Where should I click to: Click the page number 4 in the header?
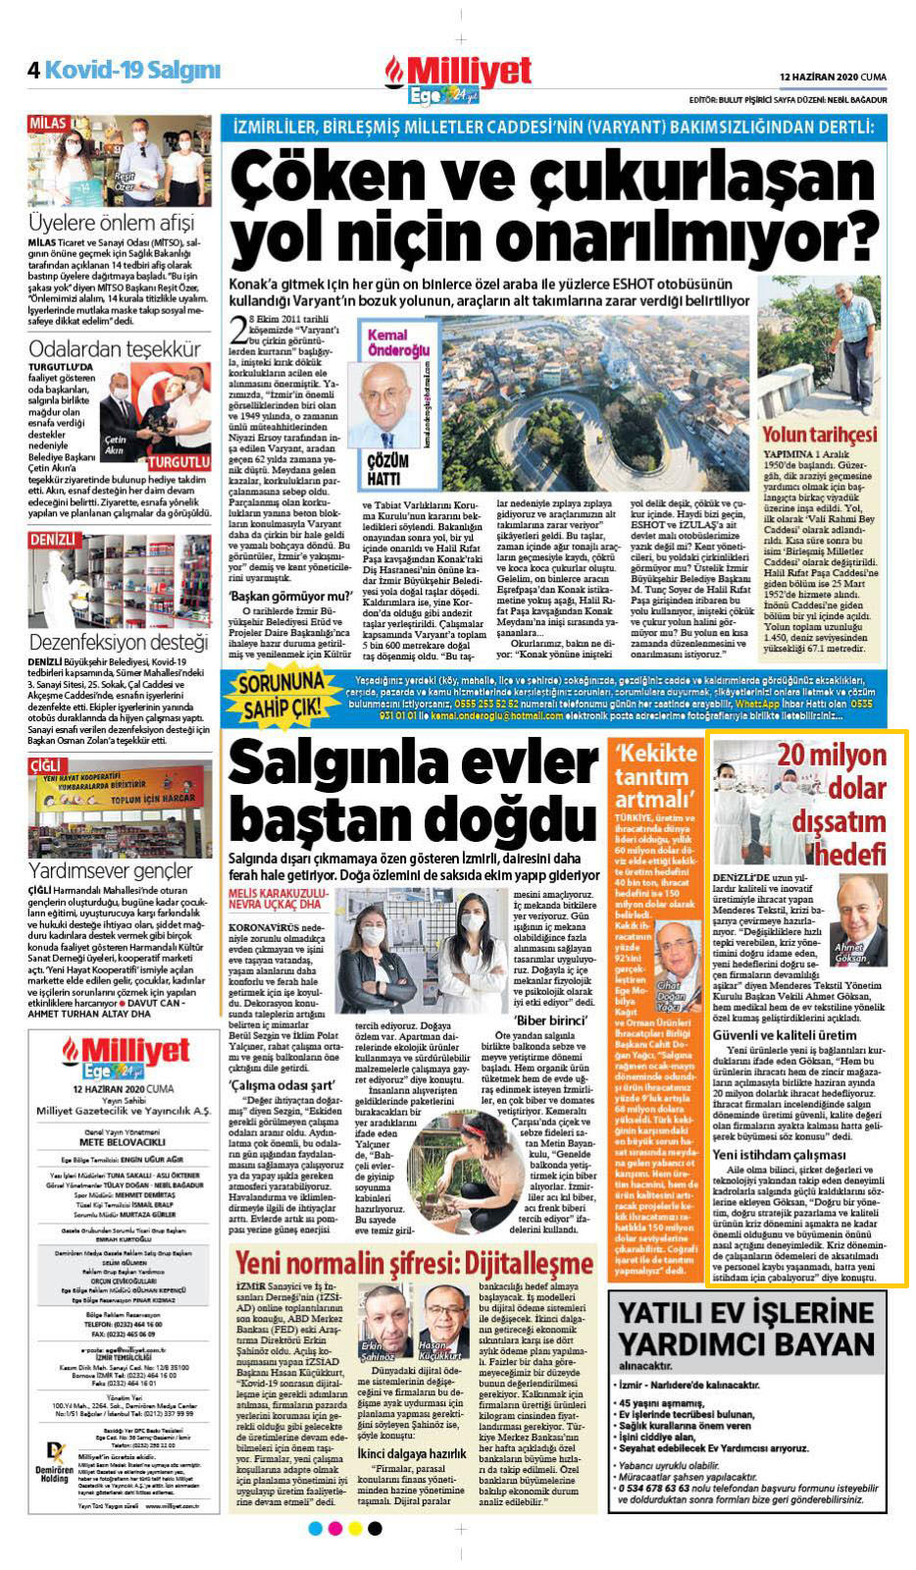click(x=33, y=70)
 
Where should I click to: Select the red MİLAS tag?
click(x=48, y=124)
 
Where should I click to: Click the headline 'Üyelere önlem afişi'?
click(x=112, y=221)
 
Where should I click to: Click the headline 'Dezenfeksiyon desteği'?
click(x=119, y=643)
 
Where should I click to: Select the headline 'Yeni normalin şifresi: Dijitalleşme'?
click(x=414, y=1262)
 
